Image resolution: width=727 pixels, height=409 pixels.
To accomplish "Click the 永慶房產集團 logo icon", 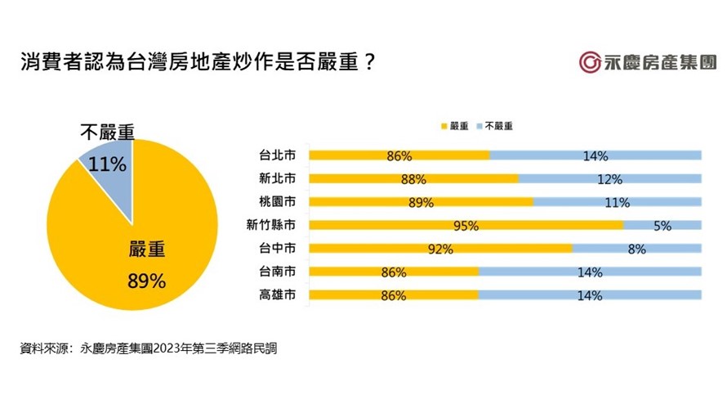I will click(x=591, y=63).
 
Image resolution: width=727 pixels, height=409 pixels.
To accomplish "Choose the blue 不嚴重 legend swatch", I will click(x=478, y=127).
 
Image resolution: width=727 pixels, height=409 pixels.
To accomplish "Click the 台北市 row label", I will click(x=277, y=155).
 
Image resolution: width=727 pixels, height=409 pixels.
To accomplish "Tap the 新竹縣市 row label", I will click(x=271, y=226).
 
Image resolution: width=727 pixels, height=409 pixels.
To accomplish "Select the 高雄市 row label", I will click(x=277, y=296).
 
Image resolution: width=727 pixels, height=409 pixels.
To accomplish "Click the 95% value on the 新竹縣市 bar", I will click(x=466, y=226).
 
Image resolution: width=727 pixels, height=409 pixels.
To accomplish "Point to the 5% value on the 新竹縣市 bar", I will click(x=662, y=226).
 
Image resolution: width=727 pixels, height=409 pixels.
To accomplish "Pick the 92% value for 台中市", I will click(x=440, y=249).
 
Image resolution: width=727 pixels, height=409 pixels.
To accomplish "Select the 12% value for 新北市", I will click(x=610, y=178).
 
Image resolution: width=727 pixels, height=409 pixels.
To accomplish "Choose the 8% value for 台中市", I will click(x=636, y=249).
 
